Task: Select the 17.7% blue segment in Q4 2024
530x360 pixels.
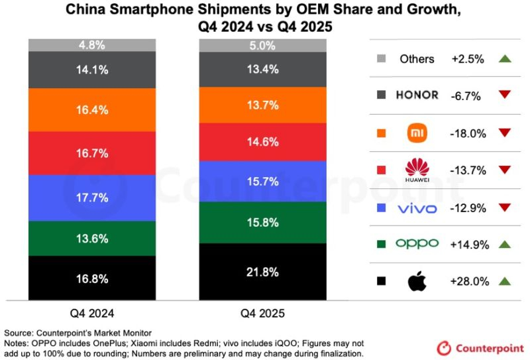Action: coord(92,198)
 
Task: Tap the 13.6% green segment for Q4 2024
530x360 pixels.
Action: coord(92,239)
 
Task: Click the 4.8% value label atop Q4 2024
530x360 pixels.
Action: coord(92,46)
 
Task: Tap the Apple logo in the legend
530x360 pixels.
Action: coord(417,281)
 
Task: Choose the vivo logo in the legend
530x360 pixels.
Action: coord(417,208)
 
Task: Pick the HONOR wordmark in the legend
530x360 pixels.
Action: coord(417,95)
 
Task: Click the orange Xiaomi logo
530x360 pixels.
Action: coord(417,133)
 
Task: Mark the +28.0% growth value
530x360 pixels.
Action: coord(469,281)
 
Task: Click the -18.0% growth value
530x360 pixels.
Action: coord(469,133)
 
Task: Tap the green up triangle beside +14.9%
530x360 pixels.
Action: coord(504,244)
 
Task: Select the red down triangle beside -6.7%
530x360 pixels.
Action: coord(504,95)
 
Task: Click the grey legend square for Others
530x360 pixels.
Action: coord(381,58)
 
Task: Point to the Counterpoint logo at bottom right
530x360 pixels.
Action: coord(480,347)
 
